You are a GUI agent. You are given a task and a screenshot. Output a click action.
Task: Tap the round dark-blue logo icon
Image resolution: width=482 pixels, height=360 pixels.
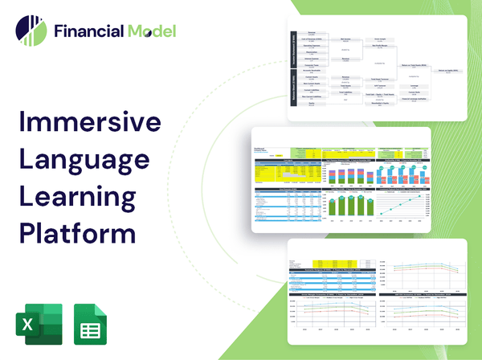(31, 30)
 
